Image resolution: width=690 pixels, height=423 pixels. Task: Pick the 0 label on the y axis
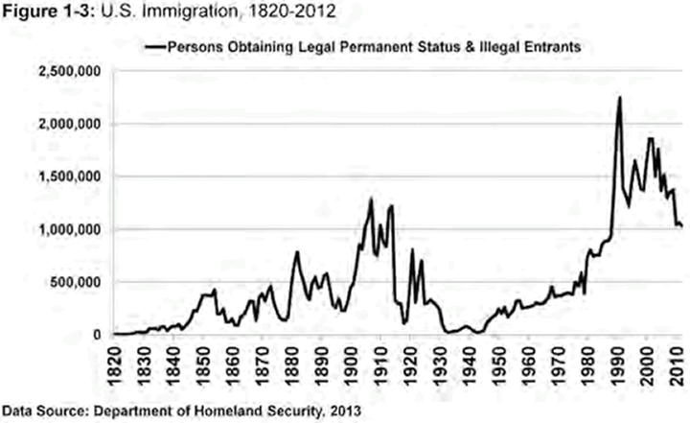(x=99, y=335)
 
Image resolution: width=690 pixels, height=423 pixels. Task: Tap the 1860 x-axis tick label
(x=234, y=361)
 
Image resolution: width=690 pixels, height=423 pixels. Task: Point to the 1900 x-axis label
(x=353, y=361)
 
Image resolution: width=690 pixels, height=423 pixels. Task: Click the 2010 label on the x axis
(x=676, y=361)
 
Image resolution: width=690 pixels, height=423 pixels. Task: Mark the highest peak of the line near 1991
(x=620, y=97)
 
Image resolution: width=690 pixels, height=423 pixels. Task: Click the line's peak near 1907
(x=371, y=199)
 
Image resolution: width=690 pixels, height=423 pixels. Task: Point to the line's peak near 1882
(x=297, y=252)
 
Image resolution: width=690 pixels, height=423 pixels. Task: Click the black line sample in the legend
(x=154, y=45)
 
